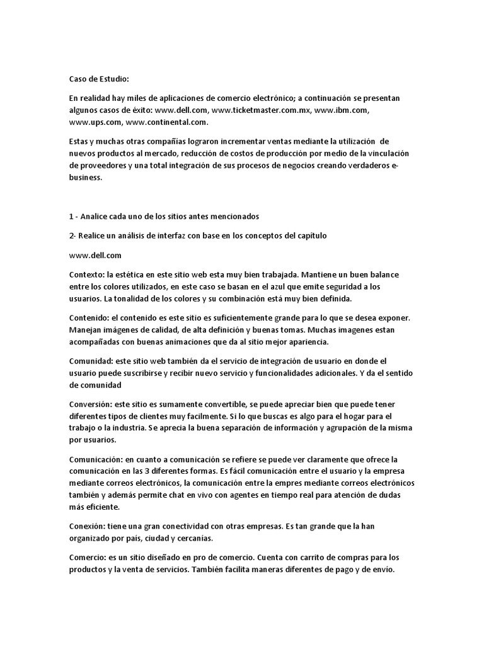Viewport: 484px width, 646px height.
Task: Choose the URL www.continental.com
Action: (167, 122)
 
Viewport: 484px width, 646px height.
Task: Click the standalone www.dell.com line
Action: (95, 255)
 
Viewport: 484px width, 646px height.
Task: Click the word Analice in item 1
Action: (97, 216)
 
